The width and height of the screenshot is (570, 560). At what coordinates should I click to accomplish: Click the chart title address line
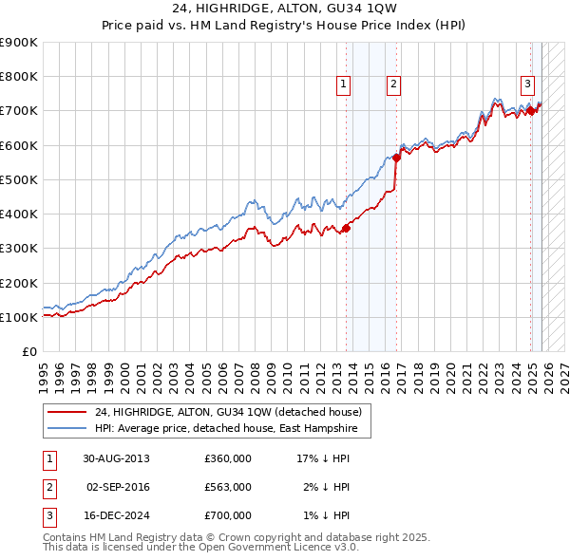click(x=285, y=9)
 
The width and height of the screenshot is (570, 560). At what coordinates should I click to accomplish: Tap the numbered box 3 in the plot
click(x=526, y=83)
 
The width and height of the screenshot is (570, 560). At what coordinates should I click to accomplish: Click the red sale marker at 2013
click(x=347, y=227)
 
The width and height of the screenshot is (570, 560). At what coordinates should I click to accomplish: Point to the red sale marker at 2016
click(x=396, y=159)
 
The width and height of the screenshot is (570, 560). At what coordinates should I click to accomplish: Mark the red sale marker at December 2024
click(x=531, y=111)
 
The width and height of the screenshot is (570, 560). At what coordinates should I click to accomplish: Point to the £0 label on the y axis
click(x=28, y=352)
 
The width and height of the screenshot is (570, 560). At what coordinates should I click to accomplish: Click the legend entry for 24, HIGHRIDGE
click(x=228, y=413)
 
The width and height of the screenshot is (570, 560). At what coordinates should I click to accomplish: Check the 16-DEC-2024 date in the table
click(x=116, y=515)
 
